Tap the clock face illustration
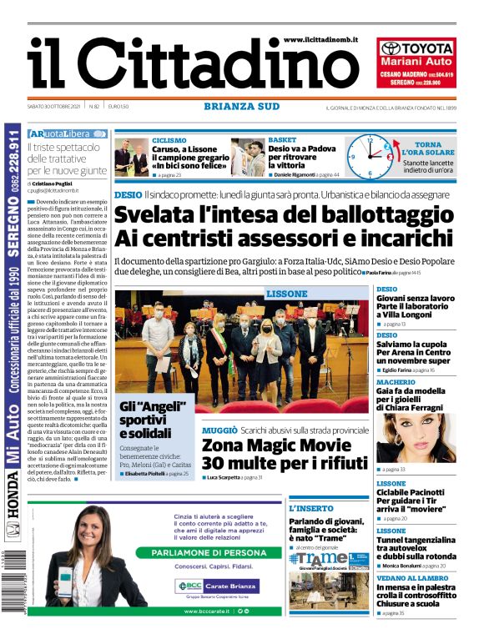click(367, 154)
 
